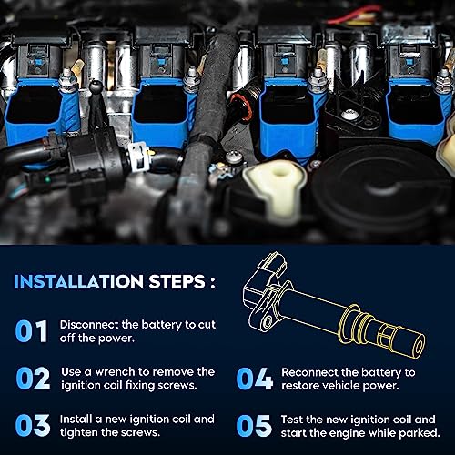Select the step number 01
click(31, 331)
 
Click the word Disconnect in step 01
click(90, 324)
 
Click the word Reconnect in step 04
click(312, 372)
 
